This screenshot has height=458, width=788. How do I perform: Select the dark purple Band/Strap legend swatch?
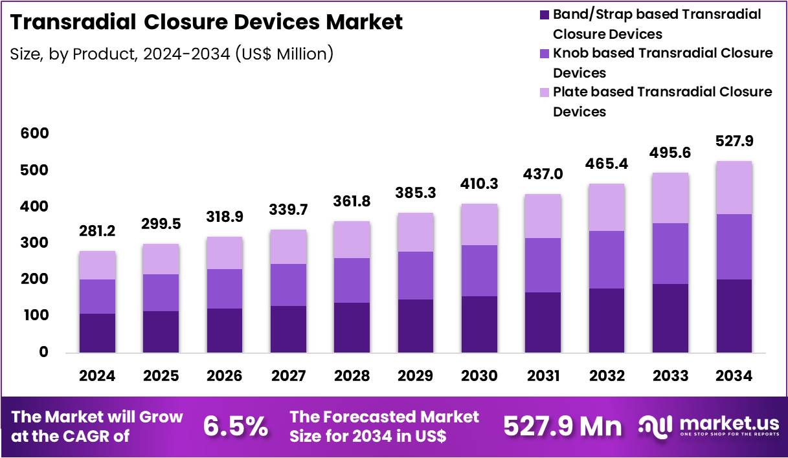543,14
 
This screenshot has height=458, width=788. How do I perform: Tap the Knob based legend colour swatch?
543,53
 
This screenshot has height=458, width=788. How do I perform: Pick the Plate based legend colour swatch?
543,92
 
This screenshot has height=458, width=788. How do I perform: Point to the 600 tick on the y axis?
34,134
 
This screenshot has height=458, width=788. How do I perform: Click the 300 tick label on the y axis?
34,243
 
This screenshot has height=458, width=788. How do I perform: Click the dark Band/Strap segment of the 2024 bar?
97,333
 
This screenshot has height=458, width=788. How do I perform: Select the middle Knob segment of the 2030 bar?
479,270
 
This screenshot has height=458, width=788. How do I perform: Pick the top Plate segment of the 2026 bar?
225,253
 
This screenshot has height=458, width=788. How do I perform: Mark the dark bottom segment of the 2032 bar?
607,320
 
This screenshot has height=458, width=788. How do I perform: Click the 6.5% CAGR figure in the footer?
236,426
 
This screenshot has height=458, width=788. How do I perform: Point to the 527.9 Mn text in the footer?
562,426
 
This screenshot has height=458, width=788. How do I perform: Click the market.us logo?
709,426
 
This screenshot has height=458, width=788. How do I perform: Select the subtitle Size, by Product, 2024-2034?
172,54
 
